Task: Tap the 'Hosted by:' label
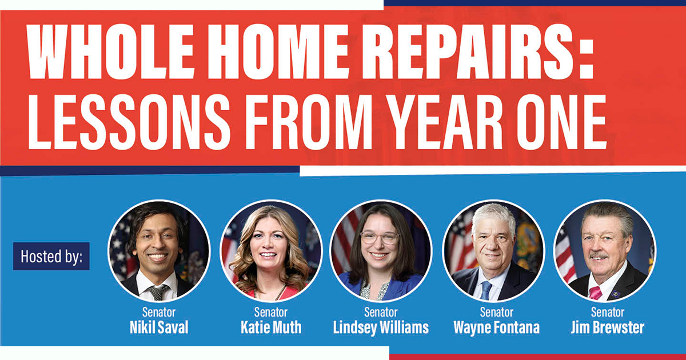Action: click(x=51, y=256)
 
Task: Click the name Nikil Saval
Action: click(x=159, y=328)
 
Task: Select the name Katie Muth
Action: click(x=270, y=328)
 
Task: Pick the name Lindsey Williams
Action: click(x=381, y=328)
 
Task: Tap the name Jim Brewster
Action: click(x=607, y=328)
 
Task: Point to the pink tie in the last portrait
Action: click(x=596, y=293)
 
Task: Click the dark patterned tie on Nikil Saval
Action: click(x=158, y=291)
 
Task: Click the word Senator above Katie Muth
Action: click(x=270, y=313)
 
